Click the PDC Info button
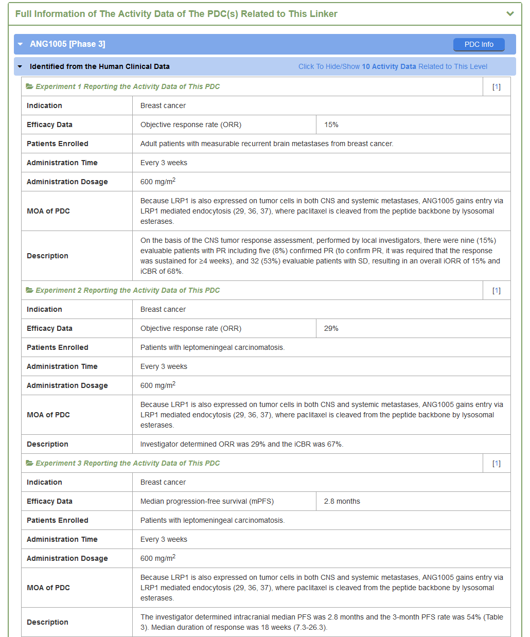[x=479, y=45]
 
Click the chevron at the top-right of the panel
[x=510, y=14]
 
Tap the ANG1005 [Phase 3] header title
[x=67, y=44]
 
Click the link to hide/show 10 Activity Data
[x=393, y=66]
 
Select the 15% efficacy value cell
[x=331, y=125]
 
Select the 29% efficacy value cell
[x=331, y=328]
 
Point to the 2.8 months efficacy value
[x=342, y=501]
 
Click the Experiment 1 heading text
[x=128, y=86]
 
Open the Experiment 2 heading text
[x=128, y=290]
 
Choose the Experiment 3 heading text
[x=128, y=463]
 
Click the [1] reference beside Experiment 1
[x=496, y=87]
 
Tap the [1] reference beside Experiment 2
[x=496, y=291]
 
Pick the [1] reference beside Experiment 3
[x=496, y=464]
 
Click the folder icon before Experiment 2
[x=30, y=290]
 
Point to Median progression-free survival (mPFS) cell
[x=207, y=501]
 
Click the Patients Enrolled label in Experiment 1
[x=58, y=144]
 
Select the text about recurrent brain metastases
[x=267, y=144]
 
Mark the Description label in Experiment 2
[x=47, y=444]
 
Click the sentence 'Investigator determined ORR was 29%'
[x=242, y=444]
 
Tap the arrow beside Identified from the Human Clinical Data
[x=20, y=66]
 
